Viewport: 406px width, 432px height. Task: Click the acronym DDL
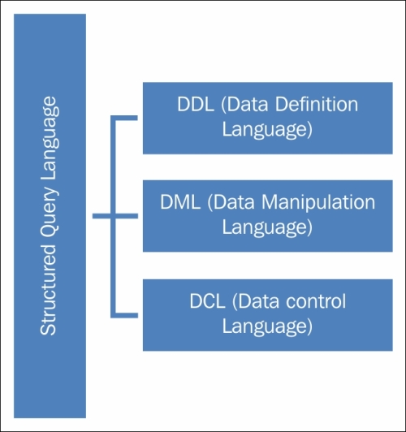point(196,104)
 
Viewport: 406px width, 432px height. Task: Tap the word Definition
point(317,104)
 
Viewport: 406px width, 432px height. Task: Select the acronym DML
point(180,202)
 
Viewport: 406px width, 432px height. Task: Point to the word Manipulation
point(318,202)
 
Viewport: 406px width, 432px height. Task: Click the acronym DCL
point(207,300)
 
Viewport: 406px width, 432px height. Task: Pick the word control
point(316,300)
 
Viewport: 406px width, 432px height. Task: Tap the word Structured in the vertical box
point(49,290)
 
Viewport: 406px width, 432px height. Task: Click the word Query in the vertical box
point(50,214)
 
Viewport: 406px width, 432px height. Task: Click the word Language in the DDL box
point(267,129)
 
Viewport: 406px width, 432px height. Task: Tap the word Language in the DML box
point(267,227)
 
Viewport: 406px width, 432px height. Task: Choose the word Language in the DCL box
point(267,326)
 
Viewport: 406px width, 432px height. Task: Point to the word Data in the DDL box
point(248,104)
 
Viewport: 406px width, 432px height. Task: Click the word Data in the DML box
point(234,202)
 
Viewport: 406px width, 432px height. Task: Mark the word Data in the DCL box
point(258,300)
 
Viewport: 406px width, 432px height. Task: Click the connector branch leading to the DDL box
point(124,118)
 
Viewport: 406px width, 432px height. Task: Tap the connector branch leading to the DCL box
point(124,315)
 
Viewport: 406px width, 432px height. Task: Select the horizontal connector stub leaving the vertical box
point(101,216)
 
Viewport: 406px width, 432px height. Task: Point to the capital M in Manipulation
point(269,202)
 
